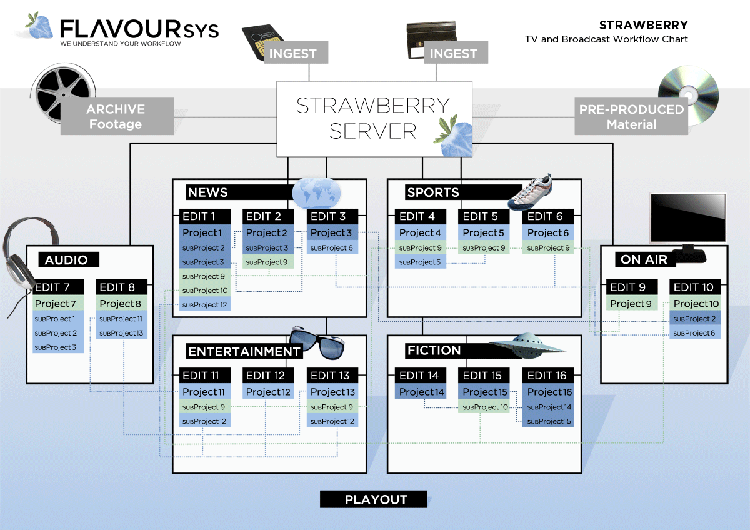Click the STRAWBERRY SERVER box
[x=374, y=118]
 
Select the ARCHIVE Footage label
[x=116, y=116]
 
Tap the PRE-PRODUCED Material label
[x=631, y=116]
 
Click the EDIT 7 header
[x=58, y=287]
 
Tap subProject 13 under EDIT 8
[x=121, y=333]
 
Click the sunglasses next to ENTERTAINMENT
[x=317, y=341]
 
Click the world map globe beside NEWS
[x=316, y=192]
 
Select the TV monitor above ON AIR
[x=687, y=219]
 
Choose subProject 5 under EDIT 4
[x=421, y=262]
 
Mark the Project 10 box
[x=696, y=304]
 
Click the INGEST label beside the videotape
[x=453, y=53]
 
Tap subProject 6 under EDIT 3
[x=331, y=248]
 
